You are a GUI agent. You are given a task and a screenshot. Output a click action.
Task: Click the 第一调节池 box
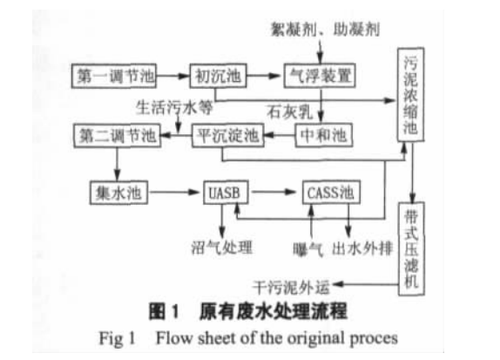pos(114,76)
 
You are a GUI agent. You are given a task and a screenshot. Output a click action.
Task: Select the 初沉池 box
pos(218,76)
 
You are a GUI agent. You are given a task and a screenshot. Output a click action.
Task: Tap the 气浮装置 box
pos(320,76)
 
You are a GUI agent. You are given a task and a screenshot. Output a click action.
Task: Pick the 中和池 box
pos(324,135)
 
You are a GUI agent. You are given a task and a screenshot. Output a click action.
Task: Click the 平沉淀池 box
pos(228,135)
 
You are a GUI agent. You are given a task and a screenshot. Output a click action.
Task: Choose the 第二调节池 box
pos(117,136)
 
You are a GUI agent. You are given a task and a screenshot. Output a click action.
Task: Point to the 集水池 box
pos(118,193)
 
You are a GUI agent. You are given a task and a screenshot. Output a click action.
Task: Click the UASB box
pos(226,193)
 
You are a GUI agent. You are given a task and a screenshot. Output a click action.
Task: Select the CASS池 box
pos(331,193)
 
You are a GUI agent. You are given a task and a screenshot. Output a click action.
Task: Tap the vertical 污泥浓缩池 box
pos(410,94)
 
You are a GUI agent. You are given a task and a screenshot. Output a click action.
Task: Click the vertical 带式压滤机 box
pos(411,249)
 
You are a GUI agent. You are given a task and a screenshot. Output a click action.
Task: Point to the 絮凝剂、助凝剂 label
pos(325,30)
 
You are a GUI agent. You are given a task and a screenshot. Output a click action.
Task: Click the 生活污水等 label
pos(174,107)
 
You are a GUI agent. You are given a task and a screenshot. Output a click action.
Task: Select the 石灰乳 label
pos(289,112)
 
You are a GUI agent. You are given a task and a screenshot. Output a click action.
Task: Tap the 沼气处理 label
pos(222,248)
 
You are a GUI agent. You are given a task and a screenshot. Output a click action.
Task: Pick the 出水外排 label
pos(362,248)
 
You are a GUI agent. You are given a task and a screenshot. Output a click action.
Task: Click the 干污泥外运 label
pos(291,288)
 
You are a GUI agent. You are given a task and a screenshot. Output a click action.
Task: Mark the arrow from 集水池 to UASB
pos(174,192)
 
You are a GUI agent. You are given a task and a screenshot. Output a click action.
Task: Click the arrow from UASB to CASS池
pos(274,192)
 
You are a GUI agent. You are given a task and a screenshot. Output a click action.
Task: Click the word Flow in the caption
pos(174,338)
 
